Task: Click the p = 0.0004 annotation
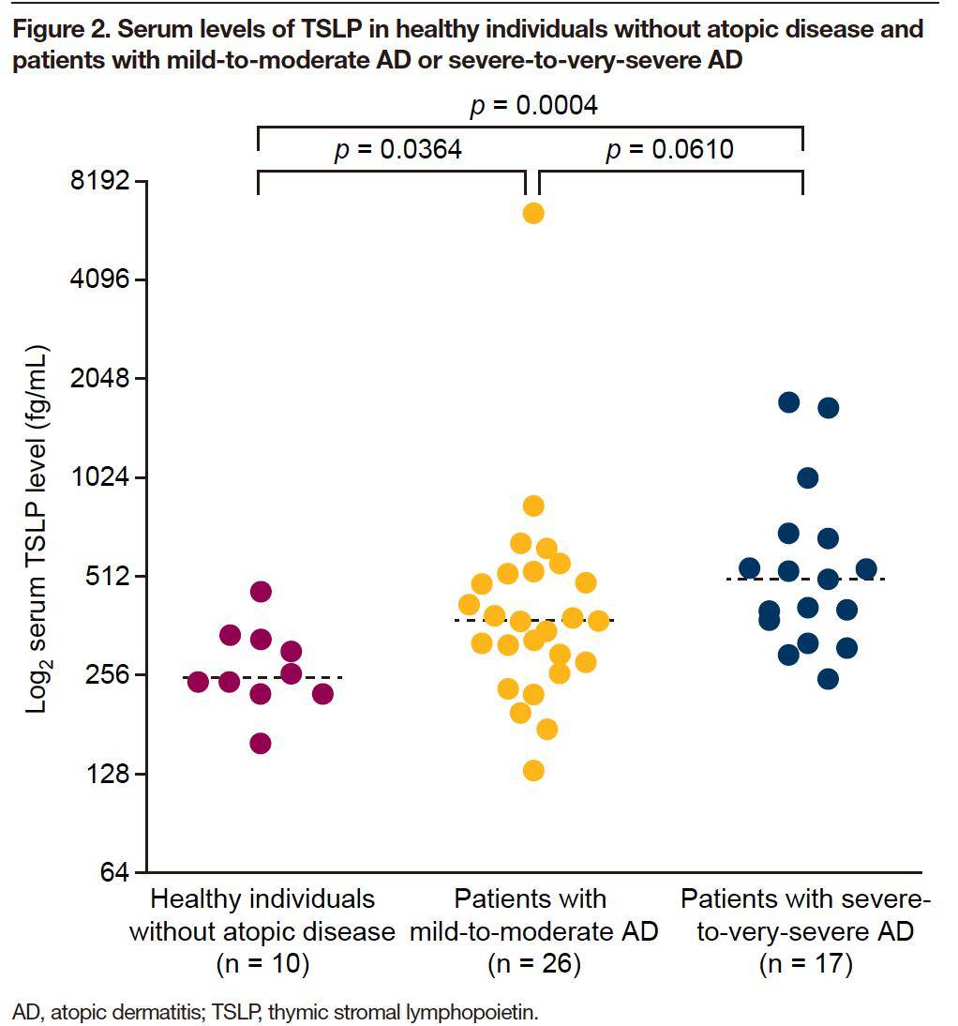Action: [x=532, y=105]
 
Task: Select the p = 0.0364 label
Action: [x=397, y=150]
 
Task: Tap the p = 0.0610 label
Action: [x=669, y=150]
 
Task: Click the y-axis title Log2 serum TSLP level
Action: [x=37, y=530]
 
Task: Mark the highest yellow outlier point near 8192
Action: [x=533, y=213]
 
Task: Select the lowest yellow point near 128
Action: [x=533, y=770]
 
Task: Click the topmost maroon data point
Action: [x=261, y=591]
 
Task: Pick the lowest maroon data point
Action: [x=261, y=744]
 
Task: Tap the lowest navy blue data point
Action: [x=828, y=679]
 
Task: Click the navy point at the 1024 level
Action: [x=807, y=478]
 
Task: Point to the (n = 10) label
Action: [x=262, y=964]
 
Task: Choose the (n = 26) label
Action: [x=534, y=964]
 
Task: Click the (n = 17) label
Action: [x=806, y=964]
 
